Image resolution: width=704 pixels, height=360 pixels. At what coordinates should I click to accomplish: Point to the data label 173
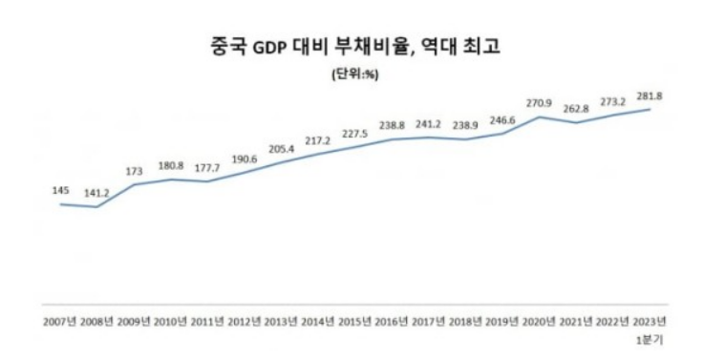(x=134, y=170)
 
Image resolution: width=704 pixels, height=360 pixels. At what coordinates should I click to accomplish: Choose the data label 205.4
(x=281, y=148)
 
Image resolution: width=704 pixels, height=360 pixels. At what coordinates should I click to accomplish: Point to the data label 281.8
(x=650, y=96)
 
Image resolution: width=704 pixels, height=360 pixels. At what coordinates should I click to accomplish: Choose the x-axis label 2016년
(x=391, y=321)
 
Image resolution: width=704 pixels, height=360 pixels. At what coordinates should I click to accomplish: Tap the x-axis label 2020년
(x=539, y=321)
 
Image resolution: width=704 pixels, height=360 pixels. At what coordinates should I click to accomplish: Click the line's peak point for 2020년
(x=540, y=116)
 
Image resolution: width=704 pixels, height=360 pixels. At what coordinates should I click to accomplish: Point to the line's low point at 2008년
(x=96, y=207)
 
